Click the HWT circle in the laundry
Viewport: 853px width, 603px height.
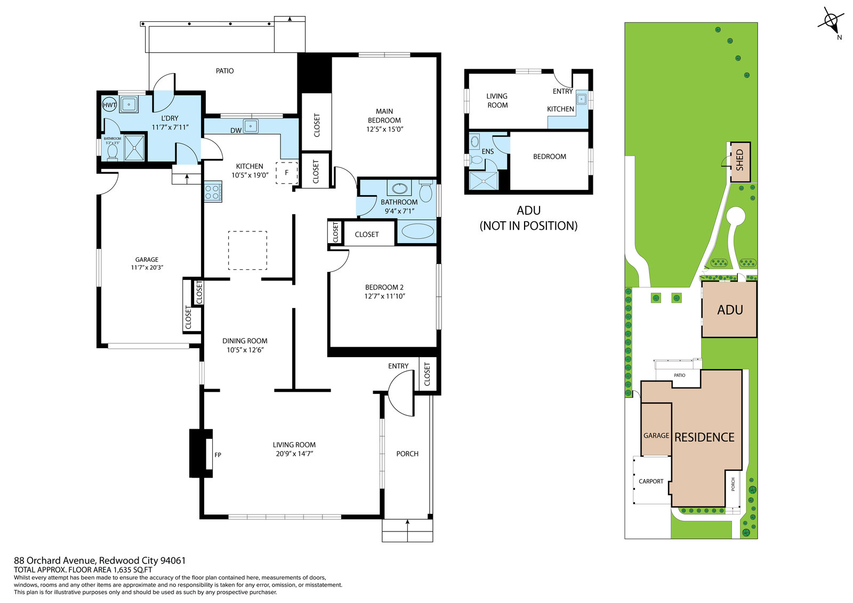pyautogui.click(x=109, y=105)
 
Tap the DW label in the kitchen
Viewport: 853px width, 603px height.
pyautogui.click(x=236, y=130)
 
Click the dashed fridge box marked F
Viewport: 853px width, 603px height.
pyautogui.click(x=287, y=173)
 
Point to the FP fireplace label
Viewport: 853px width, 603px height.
pyautogui.click(x=218, y=454)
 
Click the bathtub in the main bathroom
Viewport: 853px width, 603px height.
pyautogui.click(x=418, y=231)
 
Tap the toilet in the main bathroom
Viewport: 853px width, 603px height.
pyautogui.click(x=426, y=191)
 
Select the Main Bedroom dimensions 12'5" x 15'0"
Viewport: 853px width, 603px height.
pyautogui.click(x=384, y=129)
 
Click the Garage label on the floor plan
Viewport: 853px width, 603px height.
pyautogui.click(x=147, y=260)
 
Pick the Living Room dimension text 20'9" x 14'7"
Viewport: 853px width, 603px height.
pyautogui.click(x=294, y=453)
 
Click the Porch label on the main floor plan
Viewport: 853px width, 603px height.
pyautogui.click(x=407, y=454)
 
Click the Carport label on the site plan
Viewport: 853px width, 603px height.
pyautogui.click(x=651, y=481)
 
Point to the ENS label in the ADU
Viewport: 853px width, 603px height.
pyautogui.click(x=487, y=151)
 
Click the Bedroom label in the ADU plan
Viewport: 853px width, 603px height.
pyautogui.click(x=550, y=157)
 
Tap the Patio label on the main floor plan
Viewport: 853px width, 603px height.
pyautogui.click(x=224, y=71)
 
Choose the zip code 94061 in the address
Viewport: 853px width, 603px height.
pyautogui.click(x=173, y=560)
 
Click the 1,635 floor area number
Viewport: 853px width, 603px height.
pyautogui.click(x=123, y=570)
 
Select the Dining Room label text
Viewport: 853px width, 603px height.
pyautogui.click(x=245, y=341)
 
